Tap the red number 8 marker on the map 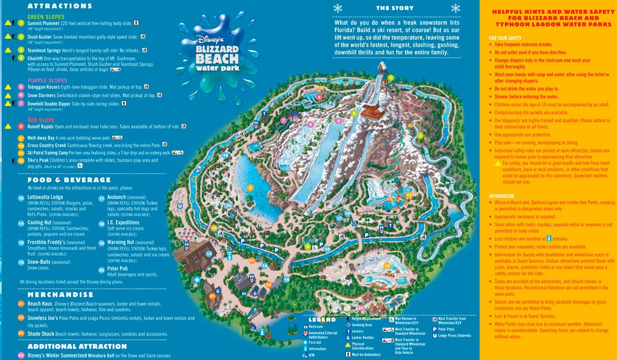coord(319,97)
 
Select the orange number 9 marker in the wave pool coord(250,187)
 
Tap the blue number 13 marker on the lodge coord(209,254)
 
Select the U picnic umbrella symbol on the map coord(179,205)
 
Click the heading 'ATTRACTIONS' coord(59,6)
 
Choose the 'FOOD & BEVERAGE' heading coord(69,180)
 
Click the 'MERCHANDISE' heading coord(61,294)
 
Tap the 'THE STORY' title coord(394,8)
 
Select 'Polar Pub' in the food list coord(118,269)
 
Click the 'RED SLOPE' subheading coord(43,119)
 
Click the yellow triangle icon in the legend coord(347,344)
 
